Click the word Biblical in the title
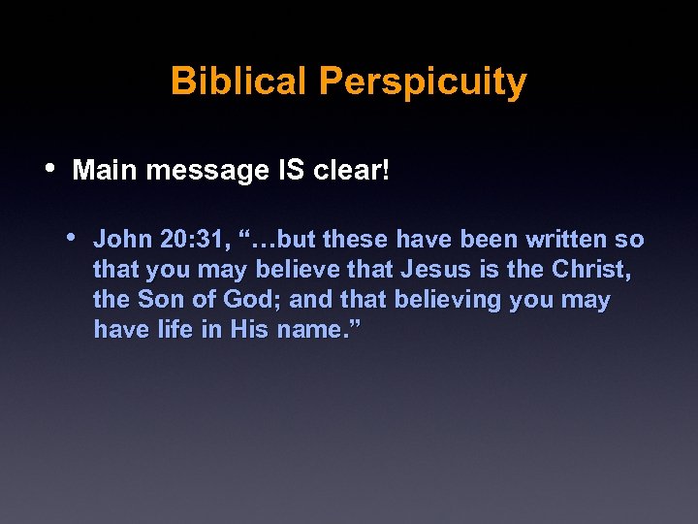(238, 82)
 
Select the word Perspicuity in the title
(423, 83)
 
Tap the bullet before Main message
(50, 167)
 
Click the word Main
(103, 171)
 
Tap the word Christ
(591, 269)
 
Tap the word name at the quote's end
(311, 329)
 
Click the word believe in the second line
(293, 269)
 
